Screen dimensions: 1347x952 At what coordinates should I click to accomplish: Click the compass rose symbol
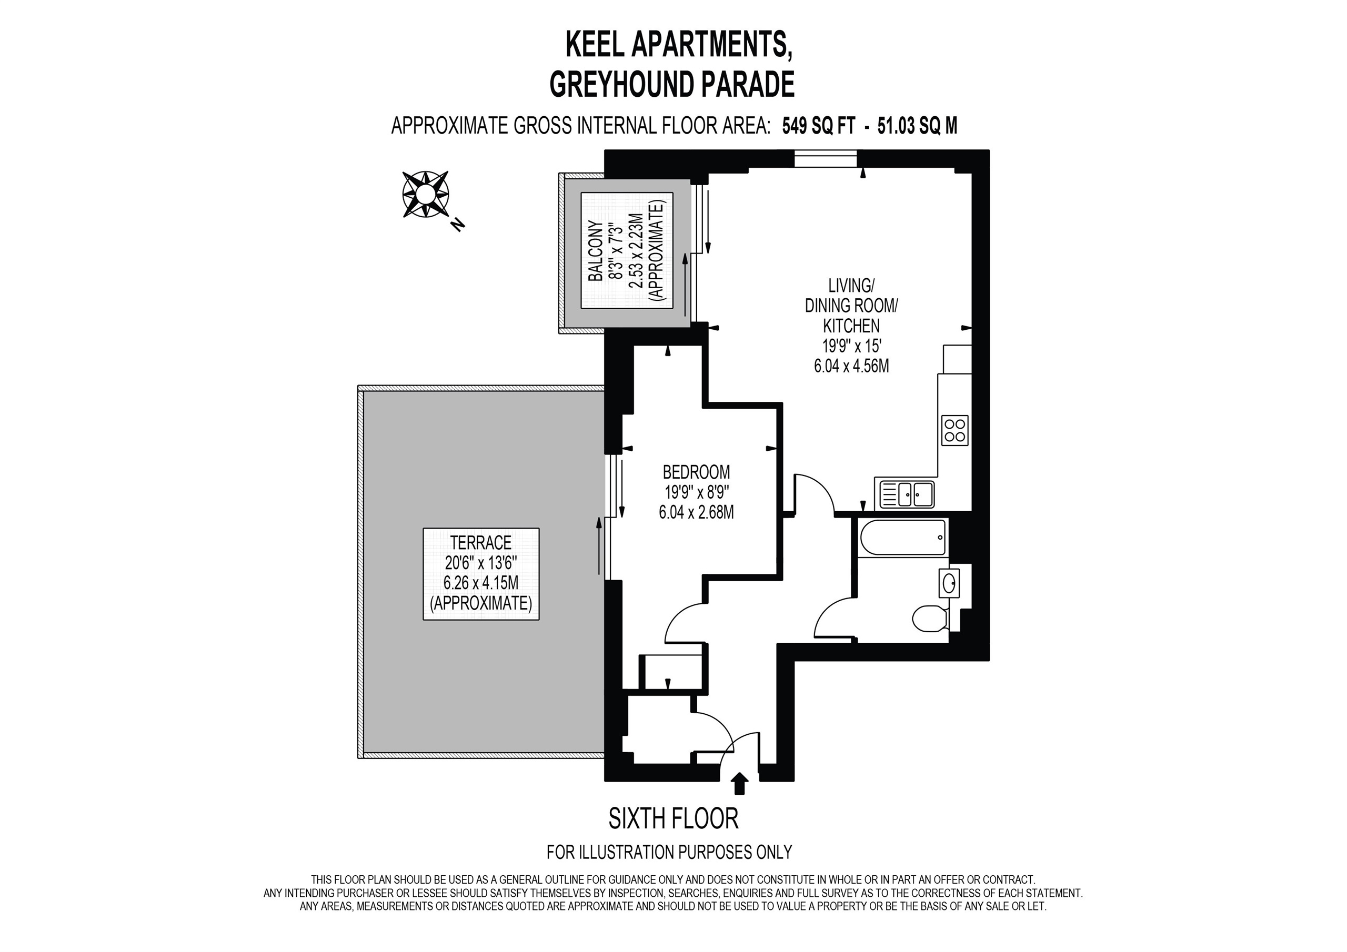coord(425,194)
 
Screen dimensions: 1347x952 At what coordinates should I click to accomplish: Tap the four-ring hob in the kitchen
coord(954,431)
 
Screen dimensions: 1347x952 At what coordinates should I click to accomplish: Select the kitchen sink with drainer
coord(904,493)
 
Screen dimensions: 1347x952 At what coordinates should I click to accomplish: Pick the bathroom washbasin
coord(949,583)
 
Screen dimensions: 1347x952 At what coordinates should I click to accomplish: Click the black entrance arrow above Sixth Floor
coord(740,783)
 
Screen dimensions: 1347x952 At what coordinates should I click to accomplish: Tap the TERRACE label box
coord(481,574)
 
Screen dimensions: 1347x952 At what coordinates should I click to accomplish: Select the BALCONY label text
coord(596,251)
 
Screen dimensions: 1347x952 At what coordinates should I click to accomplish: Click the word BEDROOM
coord(696,472)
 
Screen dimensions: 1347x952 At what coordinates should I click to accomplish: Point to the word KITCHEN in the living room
coord(851,326)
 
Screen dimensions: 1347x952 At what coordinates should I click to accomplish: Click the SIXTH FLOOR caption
coord(673,819)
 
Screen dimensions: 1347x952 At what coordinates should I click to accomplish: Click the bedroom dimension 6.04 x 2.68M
coord(696,512)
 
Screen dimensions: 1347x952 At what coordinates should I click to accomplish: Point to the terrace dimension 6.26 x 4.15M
coord(481,583)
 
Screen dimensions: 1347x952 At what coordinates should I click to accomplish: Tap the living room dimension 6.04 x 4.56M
coord(851,366)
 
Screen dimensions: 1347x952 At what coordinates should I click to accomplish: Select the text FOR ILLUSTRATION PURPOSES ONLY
coord(669,851)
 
